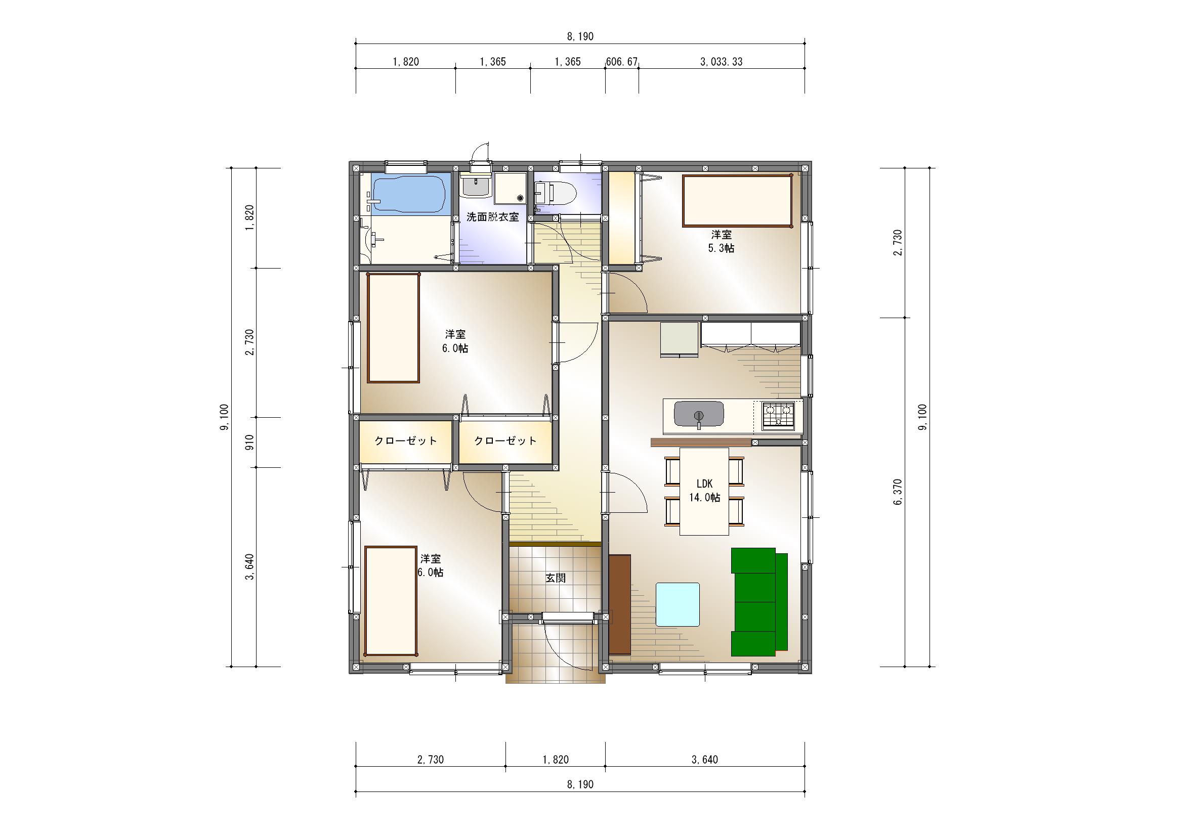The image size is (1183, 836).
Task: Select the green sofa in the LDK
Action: pos(759,602)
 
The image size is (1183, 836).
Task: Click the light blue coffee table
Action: pos(678,604)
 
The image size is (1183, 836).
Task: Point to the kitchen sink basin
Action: pos(699,414)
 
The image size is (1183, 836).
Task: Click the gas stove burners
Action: pos(778,415)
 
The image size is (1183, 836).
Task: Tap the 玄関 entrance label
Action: pos(556,578)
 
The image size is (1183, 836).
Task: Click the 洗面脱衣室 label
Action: pos(492,217)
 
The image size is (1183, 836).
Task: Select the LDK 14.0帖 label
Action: pos(704,491)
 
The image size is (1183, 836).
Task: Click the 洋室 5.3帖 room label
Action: pos(722,241)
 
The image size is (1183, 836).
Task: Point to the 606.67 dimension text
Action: pos(622,62)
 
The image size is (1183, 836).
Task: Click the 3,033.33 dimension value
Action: pos(722,62)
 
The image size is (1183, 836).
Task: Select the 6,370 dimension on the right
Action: pos(898,492)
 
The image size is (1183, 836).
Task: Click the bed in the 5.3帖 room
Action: pos(737,201)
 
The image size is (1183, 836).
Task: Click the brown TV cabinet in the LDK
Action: pos(620,604)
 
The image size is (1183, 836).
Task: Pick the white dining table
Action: pos(704,492)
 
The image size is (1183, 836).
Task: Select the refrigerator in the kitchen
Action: pos(679,339)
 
